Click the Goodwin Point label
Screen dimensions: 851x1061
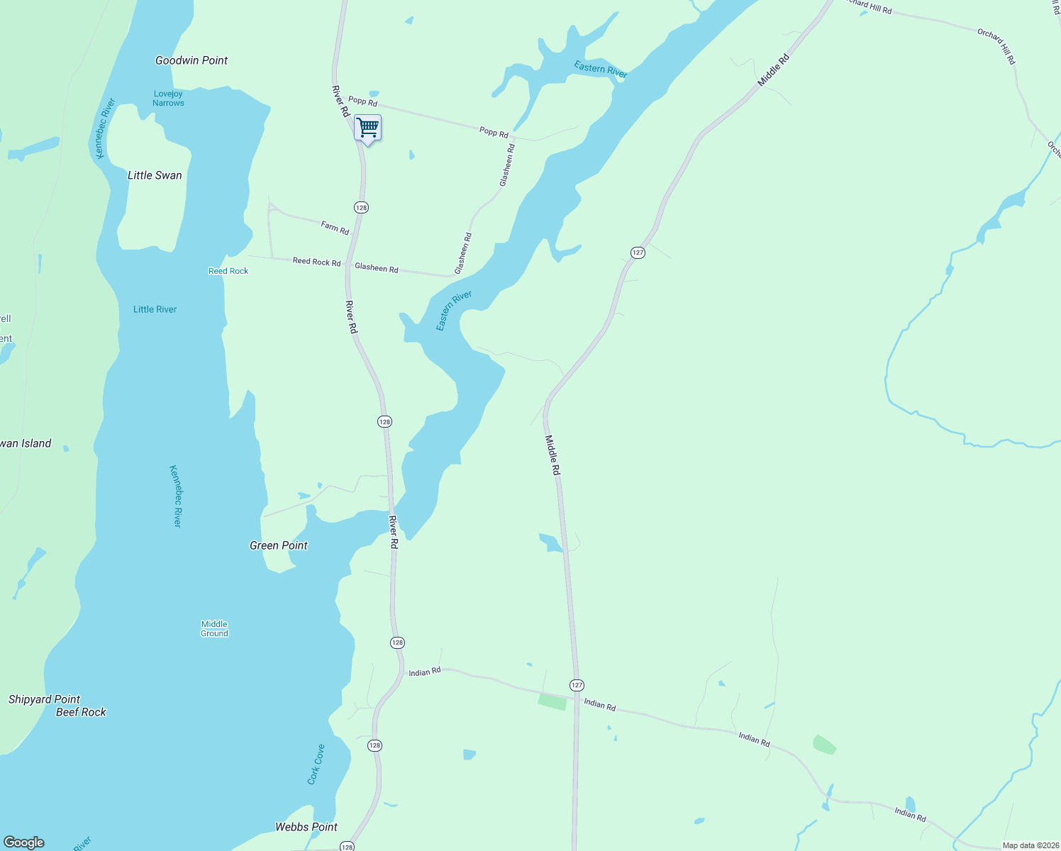(191, 61)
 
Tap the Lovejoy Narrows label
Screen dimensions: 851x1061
(168, 99)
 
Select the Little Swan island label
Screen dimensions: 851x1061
(155, 175)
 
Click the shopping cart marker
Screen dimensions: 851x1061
(367, 128)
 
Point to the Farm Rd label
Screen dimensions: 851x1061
(335, 228)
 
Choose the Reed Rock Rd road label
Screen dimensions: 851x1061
(316, 262)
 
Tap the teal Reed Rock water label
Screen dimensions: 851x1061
(228, 271)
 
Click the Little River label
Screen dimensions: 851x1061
(155, 309)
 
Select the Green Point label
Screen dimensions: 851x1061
(279, 545)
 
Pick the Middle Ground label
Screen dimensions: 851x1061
(214, 629)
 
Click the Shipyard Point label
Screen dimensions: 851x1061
(44, 699)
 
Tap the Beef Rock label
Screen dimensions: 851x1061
(81, 712)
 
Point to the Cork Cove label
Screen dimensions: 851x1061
(316, 764)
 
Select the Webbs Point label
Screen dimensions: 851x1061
(306, 827)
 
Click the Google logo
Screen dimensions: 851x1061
(24, 842)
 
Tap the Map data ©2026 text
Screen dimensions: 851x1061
(1031, 845)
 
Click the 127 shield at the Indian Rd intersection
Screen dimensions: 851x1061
(577, 685)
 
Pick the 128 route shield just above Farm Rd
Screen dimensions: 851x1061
(362, 208)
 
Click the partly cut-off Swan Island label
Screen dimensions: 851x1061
(26, 443)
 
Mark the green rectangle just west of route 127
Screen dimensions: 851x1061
(552, 702)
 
